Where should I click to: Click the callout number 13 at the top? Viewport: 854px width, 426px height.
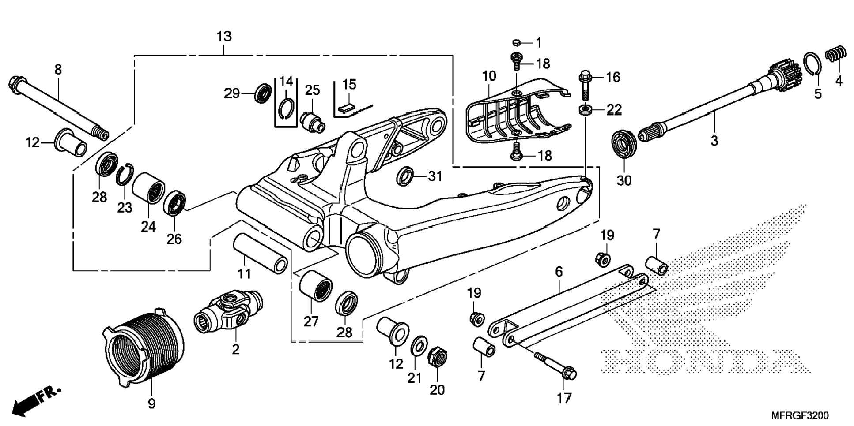tap(224, 37)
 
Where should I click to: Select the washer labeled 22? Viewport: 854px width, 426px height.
tap(586, 109)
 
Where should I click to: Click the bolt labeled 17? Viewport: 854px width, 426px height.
tap(555, 366)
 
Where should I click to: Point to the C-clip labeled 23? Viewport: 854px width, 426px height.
tap(125, 174)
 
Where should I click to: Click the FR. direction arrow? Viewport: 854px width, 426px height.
tap(36, 401)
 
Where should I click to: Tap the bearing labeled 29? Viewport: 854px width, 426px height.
tap(264, 93)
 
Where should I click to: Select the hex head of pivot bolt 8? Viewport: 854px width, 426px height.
tap(16, 85)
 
